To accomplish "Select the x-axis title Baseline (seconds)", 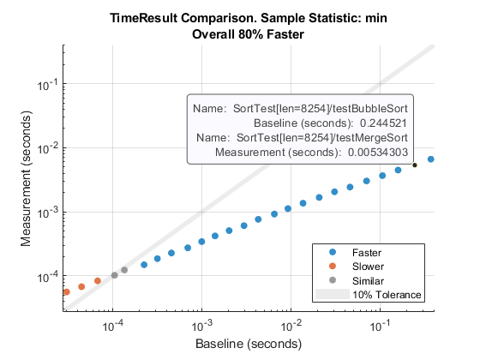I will coord(248,343).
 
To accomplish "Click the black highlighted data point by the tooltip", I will coord(415,165).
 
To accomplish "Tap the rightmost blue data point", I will coord(431,159).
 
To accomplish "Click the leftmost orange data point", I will coord(66,292).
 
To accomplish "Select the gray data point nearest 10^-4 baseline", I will coord(114,275).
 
